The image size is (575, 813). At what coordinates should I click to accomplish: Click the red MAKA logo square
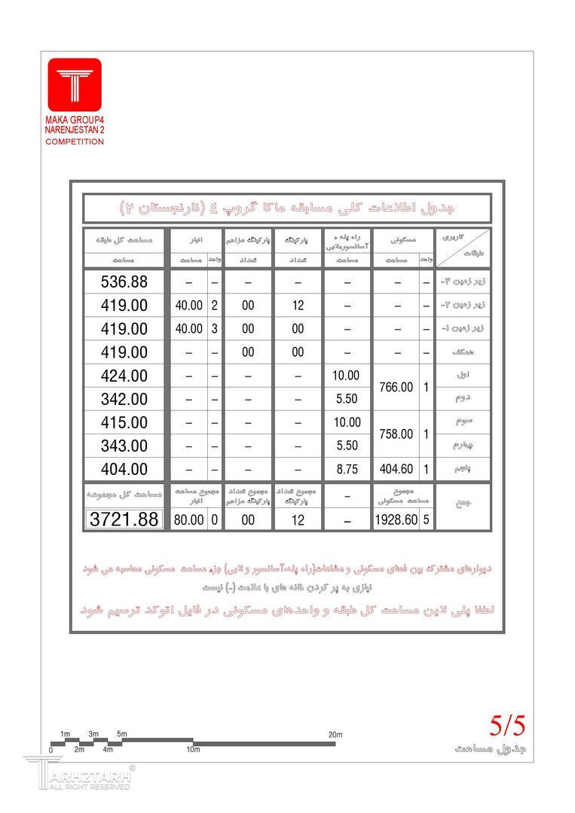point(75,84)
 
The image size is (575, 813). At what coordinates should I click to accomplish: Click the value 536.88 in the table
point(124,282)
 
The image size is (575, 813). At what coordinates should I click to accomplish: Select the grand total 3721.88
point(124,519)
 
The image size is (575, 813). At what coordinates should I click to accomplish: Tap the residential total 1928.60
point(396,519)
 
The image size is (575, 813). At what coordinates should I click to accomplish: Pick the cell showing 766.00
point(396,387)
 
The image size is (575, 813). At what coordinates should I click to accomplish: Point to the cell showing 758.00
point(396,434)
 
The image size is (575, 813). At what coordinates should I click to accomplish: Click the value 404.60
point(396,468)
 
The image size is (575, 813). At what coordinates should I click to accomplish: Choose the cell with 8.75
point(347,468)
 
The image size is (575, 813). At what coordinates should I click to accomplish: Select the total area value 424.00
point(124,376)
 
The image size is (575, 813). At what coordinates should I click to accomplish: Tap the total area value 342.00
point(124,399)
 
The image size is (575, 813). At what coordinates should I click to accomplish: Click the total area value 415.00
point(124,422)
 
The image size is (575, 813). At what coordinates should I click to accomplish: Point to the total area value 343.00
point(124,446)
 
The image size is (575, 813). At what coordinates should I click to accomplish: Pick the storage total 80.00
point(188,519)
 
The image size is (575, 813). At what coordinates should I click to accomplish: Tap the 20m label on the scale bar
point(335,734)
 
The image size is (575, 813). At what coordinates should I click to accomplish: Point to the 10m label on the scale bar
point(193,749)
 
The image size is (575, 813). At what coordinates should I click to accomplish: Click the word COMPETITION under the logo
point(75,142)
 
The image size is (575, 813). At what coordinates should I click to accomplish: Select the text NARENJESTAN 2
point(75,131)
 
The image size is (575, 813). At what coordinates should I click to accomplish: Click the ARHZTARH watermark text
point(94,776)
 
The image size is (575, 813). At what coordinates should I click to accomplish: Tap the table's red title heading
point(287,207)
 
